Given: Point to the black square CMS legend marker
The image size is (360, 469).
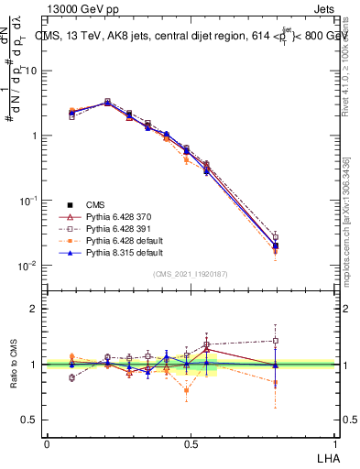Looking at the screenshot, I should tap(70, 203).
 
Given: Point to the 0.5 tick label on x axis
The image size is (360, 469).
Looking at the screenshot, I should tap(191, 442).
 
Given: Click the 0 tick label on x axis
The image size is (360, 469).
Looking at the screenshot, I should tap(47, 442).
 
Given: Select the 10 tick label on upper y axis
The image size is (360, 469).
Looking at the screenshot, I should tap(34, 71).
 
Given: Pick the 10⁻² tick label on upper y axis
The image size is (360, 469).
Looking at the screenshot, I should tap(30, 266).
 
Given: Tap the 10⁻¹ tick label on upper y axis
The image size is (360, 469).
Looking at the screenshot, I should tap(30, 201).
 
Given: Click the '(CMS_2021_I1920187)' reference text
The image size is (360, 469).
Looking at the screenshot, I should tap(191, 273).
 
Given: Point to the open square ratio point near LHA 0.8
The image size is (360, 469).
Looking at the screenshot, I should tap(276, 341).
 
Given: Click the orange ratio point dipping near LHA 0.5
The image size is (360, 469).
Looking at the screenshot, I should tap(187, 390).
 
